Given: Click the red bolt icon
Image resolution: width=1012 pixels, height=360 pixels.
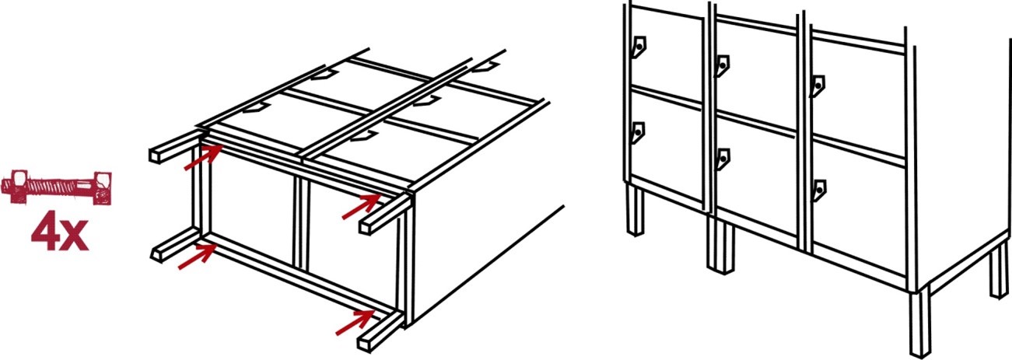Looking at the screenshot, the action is pos(57,187).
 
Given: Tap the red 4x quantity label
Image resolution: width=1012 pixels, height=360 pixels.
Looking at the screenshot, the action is pos(60,236).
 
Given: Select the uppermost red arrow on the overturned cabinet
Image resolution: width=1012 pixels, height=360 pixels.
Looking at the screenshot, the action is pos(203,157).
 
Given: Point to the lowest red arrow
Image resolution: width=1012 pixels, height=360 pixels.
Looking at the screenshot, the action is pos(355,323).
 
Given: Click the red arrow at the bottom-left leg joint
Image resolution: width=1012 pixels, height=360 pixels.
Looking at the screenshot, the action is pos(198,256).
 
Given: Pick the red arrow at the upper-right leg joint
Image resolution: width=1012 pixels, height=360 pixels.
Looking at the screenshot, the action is pos(362,206).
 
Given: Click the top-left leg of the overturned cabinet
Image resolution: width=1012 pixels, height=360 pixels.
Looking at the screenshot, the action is pos(175,147).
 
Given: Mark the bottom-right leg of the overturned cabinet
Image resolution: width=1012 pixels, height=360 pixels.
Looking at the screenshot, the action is pos(381,332).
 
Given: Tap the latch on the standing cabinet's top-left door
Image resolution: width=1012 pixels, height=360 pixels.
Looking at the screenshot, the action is pos(639,47).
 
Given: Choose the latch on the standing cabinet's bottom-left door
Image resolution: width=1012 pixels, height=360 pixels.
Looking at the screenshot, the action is pos(638,133).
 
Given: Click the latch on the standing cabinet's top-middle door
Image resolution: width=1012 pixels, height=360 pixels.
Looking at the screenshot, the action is pos(723,66).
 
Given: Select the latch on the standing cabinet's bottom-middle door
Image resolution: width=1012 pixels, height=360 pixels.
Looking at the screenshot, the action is pos(723,159).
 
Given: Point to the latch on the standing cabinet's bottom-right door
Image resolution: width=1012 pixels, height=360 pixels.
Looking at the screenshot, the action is pos(818,190).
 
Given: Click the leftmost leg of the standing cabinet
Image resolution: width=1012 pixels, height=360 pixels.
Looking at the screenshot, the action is pos(636,211).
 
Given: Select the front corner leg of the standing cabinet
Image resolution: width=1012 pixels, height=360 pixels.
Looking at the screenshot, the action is pos(919,323).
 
